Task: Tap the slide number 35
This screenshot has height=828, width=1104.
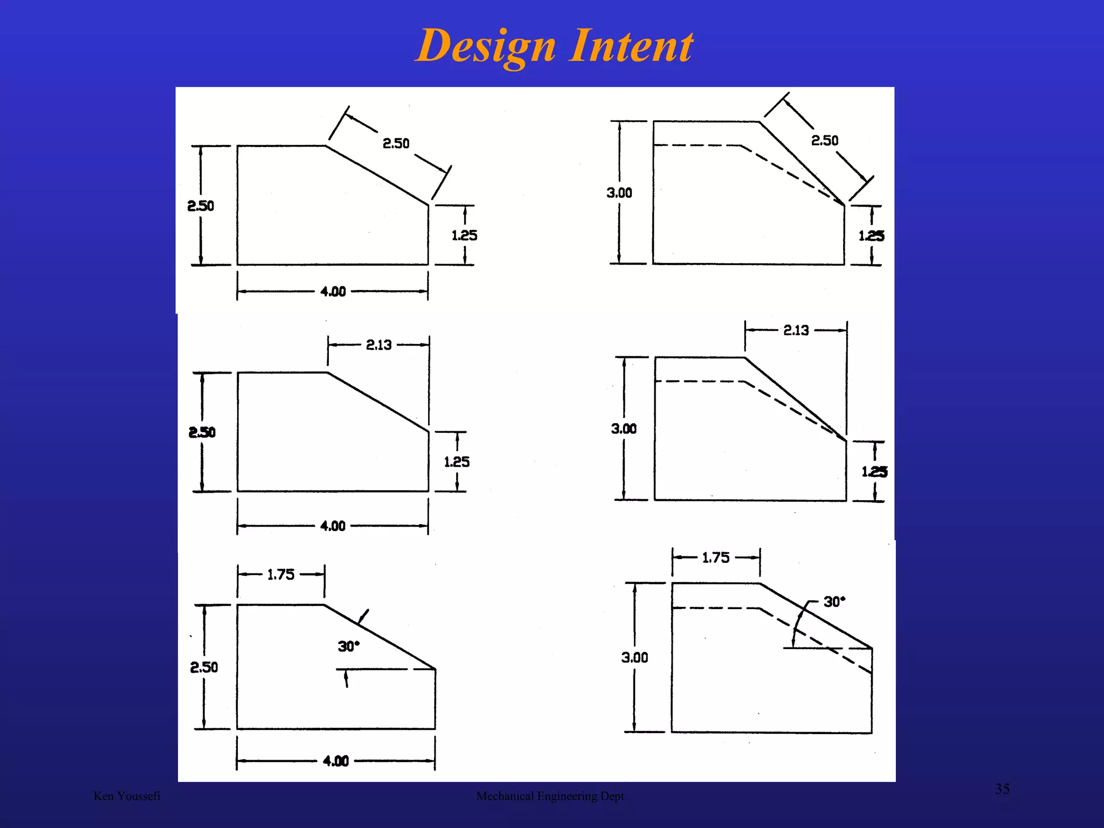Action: [1002, 789]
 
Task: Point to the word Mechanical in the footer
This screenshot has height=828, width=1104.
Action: [505, 796]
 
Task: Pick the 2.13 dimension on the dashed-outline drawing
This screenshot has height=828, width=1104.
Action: [796, 330]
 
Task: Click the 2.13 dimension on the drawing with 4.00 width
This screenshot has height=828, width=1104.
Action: [378, 345]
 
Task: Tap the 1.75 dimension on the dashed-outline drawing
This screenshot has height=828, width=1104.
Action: [715, 558]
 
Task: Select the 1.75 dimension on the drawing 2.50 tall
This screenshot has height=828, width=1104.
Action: [281, 575]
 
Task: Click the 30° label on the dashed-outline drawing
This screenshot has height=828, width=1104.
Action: [834, 602]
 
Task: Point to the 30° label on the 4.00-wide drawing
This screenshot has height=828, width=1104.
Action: [348, 646]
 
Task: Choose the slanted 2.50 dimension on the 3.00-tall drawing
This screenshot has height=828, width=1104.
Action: [825, 141]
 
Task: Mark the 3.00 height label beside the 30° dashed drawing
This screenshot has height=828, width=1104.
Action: [634, 658]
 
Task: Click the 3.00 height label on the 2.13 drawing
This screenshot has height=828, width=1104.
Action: [624, 429]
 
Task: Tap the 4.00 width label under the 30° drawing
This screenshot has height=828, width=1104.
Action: [335, 761]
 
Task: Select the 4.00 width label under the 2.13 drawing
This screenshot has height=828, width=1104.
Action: [333, 526]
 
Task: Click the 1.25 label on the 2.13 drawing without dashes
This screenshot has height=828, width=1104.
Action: [457, 462]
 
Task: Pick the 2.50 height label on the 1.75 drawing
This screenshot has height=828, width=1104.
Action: [204, 667]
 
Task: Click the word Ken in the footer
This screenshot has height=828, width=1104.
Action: [103, 796]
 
